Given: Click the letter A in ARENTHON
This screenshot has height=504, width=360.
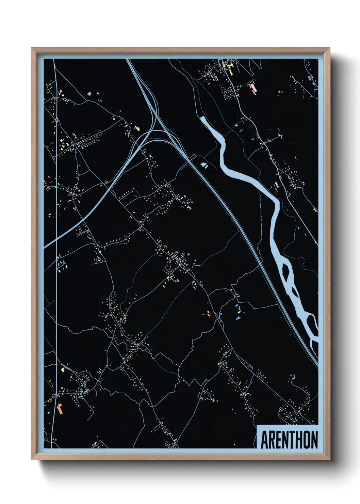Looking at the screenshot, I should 264,440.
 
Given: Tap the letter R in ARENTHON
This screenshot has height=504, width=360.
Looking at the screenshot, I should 272,440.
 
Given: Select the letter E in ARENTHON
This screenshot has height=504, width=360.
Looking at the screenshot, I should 279,440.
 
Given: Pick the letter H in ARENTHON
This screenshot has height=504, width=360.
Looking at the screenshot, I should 300,440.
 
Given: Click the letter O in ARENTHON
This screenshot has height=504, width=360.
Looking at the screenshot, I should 308,440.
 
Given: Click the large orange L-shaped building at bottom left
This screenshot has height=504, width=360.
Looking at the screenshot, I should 60,408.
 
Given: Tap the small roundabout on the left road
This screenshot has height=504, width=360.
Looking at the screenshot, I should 56,120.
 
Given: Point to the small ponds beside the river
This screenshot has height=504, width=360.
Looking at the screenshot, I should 204,165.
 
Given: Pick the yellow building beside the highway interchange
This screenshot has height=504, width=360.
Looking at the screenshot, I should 137,128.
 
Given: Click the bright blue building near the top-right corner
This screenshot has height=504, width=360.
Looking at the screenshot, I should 309,78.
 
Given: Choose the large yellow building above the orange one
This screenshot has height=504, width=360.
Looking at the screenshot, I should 63,369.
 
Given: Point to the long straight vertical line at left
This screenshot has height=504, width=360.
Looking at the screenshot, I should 56,238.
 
